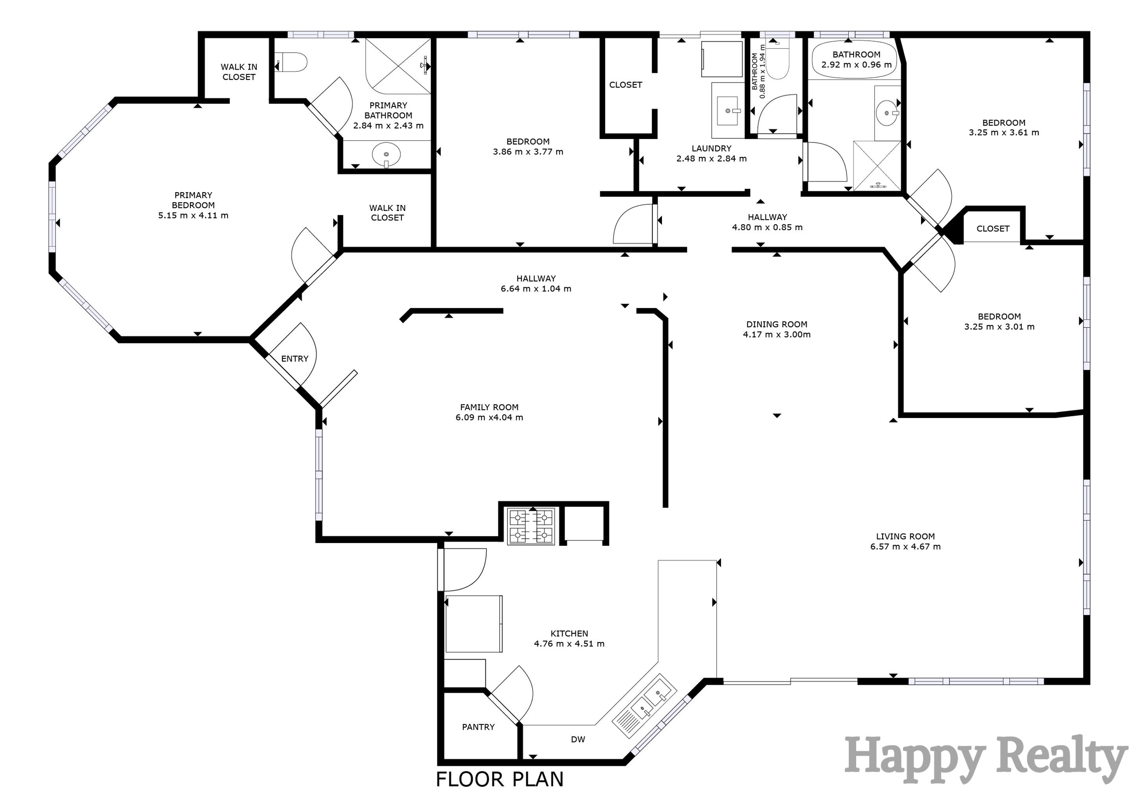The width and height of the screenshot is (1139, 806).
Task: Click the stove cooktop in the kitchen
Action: [x=531, y=527]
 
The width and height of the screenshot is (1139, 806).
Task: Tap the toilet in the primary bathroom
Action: [x=293, y=63]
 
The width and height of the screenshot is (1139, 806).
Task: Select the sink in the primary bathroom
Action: [x=386, y=154]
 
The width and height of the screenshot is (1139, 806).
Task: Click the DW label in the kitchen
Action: [x=578, y=739]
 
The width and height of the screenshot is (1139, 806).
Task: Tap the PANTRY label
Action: [x=478, y=727]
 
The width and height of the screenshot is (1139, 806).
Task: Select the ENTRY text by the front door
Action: [x=295, y=359]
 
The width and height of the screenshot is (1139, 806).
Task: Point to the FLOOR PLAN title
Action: [x=499, y=780]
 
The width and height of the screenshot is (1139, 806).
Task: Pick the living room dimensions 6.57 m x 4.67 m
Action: [x=905, y=546]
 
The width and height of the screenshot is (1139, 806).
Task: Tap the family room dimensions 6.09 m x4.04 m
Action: [x=489, y=418]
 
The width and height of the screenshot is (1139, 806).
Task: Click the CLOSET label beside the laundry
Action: [x=626, y=85]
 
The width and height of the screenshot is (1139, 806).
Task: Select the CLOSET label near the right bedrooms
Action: [x=993, y=229]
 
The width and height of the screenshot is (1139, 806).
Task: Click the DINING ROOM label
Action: [x=777, y=324]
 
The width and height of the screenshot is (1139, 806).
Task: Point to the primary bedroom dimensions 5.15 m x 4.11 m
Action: [x=193, y=215]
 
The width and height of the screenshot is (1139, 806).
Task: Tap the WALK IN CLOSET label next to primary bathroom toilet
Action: [x=239, y=72]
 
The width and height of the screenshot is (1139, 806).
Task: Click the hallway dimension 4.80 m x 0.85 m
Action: [x=767, y=227]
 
